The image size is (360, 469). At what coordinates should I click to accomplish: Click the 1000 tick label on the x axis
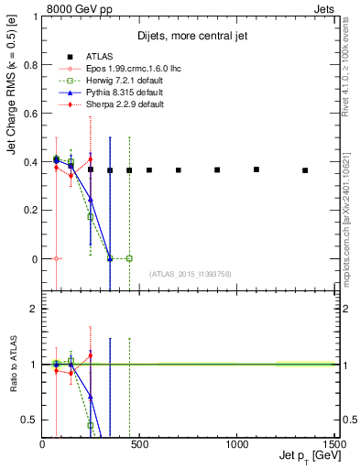tap(237, 444)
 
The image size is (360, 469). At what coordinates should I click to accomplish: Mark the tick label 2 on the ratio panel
tap(34, 310)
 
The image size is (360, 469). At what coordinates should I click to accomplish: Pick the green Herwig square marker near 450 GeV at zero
tap(129, 258)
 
